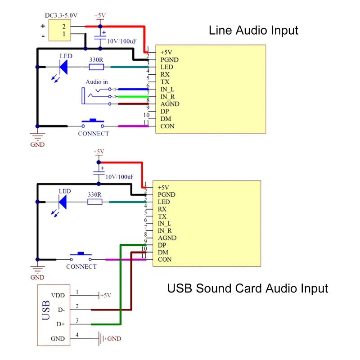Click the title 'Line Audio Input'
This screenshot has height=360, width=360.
[253, 30]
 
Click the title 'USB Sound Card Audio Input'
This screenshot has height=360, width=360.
[247, 288]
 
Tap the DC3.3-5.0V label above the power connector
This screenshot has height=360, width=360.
[61, 15]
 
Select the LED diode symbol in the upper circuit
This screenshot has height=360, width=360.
[63, 67]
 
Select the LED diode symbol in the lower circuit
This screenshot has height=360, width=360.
[63, 202]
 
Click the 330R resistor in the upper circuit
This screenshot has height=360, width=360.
[96, 67]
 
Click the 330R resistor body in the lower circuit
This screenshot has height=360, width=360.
[95, 202]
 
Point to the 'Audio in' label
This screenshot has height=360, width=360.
[97, 82]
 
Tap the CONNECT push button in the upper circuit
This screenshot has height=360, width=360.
[93, 123]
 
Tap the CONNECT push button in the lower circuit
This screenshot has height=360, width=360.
[81, 256]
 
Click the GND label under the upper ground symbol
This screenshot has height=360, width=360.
[37, 144]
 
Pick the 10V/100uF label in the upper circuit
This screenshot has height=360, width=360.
[121, 41]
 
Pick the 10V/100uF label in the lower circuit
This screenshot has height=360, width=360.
[119, 177]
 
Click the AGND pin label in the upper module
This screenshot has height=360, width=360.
[170, 104]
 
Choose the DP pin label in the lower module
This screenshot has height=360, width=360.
[162, 245]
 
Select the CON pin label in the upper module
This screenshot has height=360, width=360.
[167, 126]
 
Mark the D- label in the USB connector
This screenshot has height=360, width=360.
[61, 310]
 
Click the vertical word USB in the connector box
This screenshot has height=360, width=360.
[46, 310]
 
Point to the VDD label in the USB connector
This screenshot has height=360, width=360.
[58, 295]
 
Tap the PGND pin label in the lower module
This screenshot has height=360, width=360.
[166, 195]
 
